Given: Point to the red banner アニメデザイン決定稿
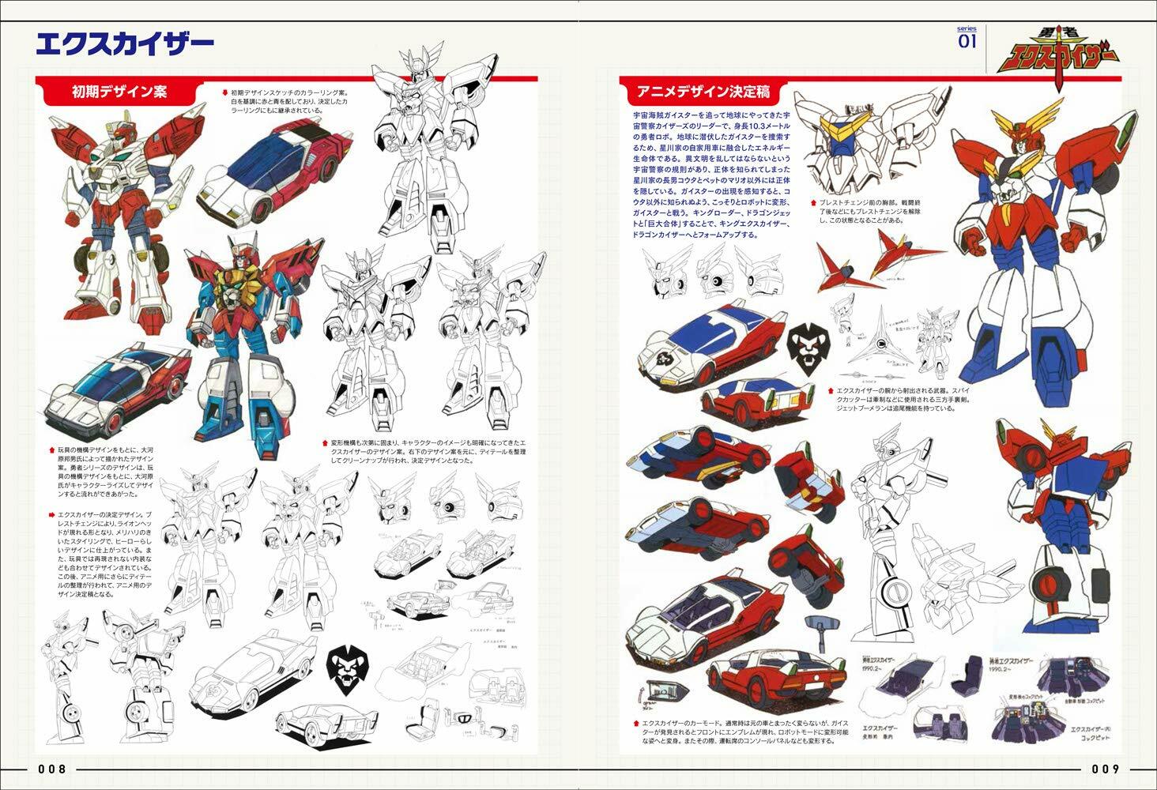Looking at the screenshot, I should coord(698,92).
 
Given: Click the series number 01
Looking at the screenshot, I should coord(967,40).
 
